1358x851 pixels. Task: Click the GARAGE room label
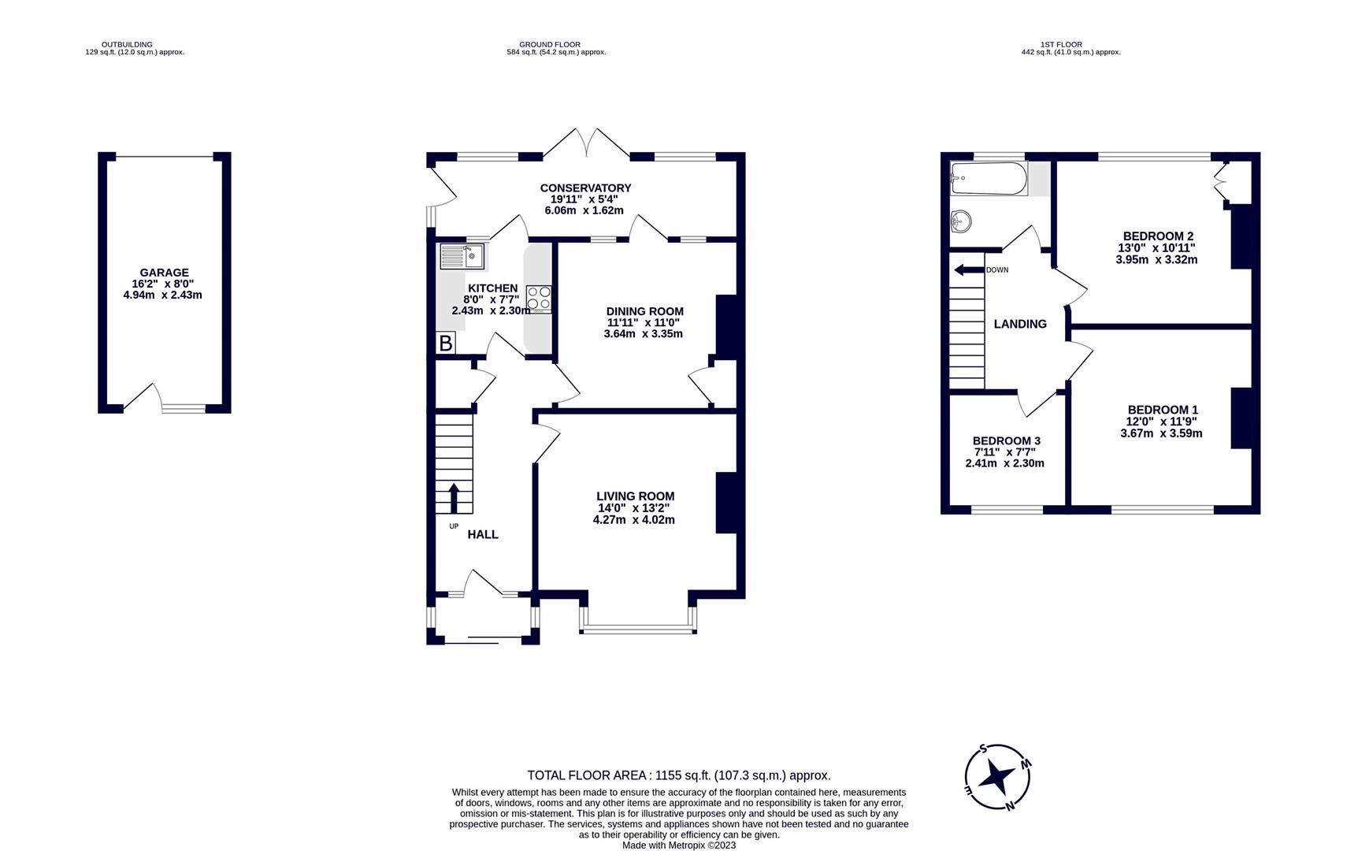click(x=164, y=273)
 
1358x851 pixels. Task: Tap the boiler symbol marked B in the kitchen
click(x=445, y=343)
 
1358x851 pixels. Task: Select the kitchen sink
click(x=462, y=257)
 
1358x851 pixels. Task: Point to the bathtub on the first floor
click(x=989, y=179)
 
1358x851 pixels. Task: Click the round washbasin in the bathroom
click(x=962, y=222)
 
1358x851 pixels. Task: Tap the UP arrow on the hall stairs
click(x=454, y=498)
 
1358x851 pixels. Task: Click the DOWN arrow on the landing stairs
click(x=964, y=270)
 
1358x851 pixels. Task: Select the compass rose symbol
click(x=998, y=778)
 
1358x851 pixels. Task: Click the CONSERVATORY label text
click(x=585, y=188)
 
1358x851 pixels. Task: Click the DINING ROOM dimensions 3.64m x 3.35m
click(x=643, y=333)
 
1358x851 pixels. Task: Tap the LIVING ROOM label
click(x=635, y=496)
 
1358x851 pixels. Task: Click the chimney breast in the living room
click(x=726, y=503)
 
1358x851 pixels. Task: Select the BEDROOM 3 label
click(x=1006, y=441)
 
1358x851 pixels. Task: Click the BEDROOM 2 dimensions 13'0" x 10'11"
click(x=1156, y=247)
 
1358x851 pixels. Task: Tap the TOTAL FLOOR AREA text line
click(x=678, y=775)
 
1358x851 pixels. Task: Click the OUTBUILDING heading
click(x=127, y=45)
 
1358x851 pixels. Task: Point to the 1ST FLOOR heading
click(x=1061, y=45)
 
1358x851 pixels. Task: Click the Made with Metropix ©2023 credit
click(x=678, y=845)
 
